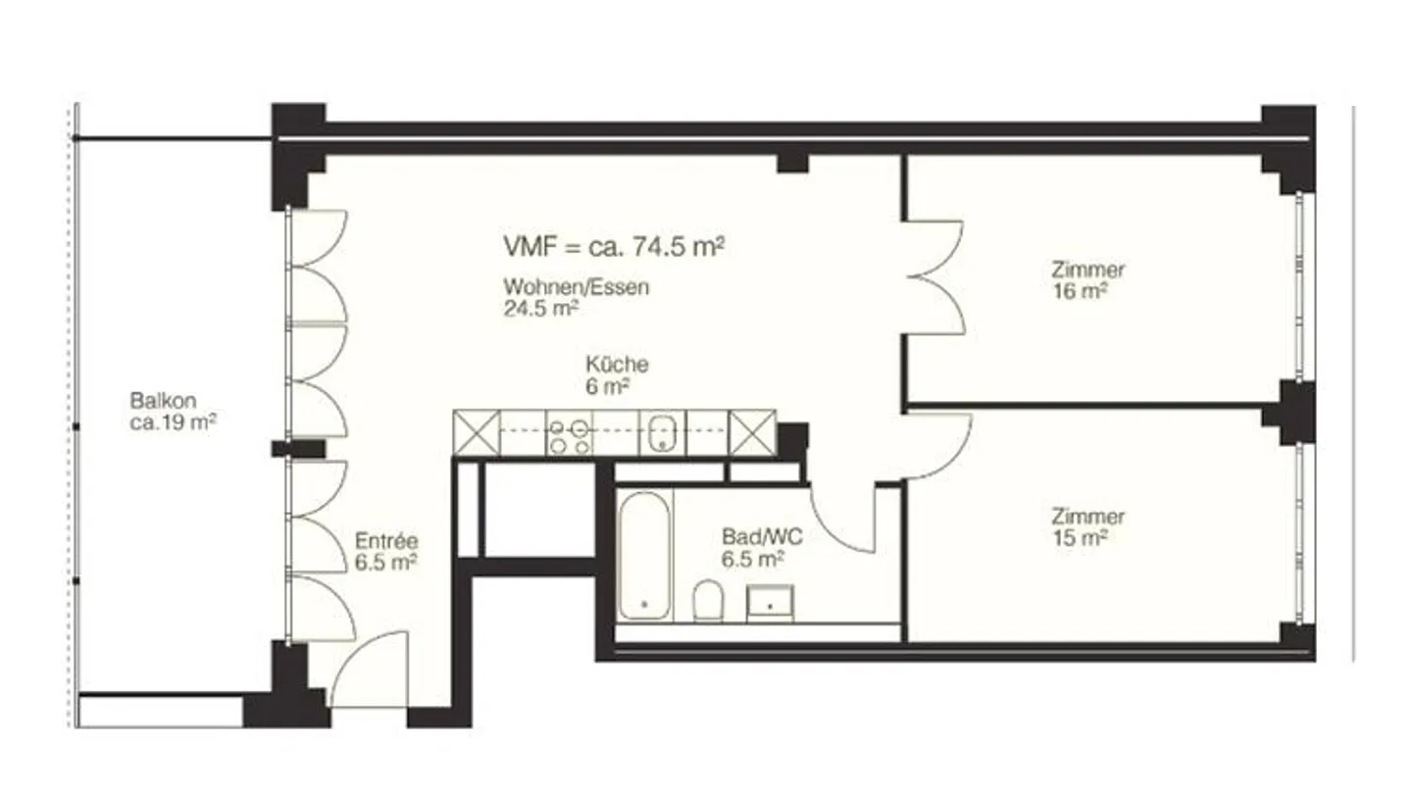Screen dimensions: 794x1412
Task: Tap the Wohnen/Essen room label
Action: (x=577, y=287)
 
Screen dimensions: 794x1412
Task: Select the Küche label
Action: (x=617, y=365)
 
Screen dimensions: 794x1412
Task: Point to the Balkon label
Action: (x=164, y=401)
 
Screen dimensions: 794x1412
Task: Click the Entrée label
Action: (x=386, y=540)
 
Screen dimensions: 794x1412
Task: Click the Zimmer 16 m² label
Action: (x=1086, y=280)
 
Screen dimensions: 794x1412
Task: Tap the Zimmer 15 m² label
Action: (x=1086, y=526)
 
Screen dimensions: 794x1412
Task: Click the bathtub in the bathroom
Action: (x=645, y=555)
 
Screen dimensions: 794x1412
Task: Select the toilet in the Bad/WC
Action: (x=708, y=600)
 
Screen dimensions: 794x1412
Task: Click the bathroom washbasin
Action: (x=770, y=603)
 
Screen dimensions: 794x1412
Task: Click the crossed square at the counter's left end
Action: (x=477, y=433)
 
